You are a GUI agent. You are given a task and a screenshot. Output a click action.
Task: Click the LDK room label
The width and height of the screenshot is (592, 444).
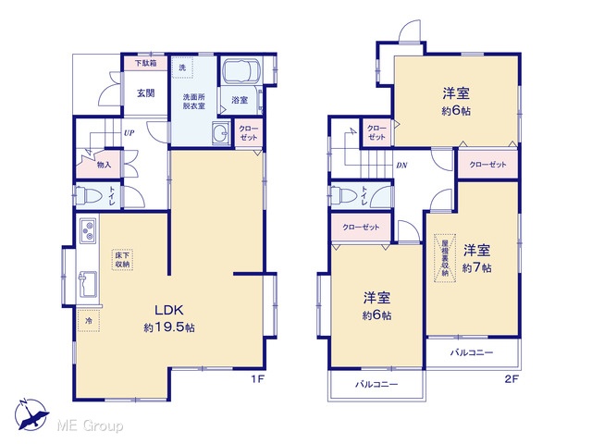click(x=169, y=310)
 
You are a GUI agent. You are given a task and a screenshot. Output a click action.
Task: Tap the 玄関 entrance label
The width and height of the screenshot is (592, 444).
click(x=145, y=92)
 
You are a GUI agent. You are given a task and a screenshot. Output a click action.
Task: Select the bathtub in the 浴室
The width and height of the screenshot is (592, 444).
click(x=240, y=70)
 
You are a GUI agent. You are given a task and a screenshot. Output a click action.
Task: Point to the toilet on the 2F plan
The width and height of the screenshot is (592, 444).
click(x=343, y=195)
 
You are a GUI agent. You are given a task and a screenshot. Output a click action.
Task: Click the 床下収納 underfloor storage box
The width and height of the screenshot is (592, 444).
click(x=122, y=260)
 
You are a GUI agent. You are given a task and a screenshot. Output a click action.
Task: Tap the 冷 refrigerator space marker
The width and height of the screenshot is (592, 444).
click(x=89, y=321)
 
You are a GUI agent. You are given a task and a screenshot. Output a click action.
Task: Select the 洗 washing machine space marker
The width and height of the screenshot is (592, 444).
click(x=182, y=68)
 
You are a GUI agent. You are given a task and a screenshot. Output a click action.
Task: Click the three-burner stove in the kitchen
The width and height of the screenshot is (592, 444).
click(x=89, y=230)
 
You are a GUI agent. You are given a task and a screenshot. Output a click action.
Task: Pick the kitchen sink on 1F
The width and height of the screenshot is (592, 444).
click(x=88, y=284)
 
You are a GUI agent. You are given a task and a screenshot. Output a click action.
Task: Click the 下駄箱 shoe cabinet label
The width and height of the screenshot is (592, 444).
click(x=146, y=63)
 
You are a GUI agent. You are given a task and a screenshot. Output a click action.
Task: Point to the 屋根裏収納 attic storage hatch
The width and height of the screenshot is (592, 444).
click(x=445, y=258)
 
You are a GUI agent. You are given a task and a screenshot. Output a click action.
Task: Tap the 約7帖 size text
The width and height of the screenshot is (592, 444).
click(x=477, y=267)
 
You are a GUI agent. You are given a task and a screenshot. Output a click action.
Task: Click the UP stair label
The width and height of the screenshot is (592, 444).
click(x=129, y=133)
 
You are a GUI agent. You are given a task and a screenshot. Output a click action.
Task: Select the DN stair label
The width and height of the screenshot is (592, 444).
click(x=401, y=166)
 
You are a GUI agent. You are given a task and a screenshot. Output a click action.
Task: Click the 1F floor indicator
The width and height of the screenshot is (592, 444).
click(x=258, y=379)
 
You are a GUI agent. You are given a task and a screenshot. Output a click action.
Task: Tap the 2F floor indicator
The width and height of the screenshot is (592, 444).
click(x=512, y=379)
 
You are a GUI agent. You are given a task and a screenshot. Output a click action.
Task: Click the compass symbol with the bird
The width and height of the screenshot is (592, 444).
click(x=31, y=414)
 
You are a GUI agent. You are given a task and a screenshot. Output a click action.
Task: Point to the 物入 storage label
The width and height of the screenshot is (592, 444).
click(x=104, y=165)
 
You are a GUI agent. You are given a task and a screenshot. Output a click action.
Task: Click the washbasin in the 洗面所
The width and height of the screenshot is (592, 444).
click(x=222, y=133)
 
